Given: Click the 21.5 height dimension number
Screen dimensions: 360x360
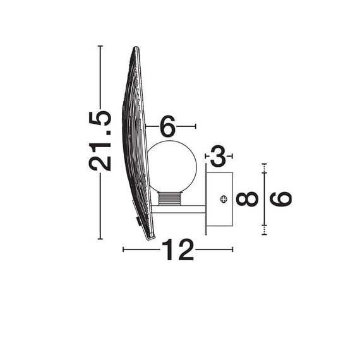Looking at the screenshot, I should (101, 141).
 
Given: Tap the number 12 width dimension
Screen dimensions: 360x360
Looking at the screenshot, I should (177, 250).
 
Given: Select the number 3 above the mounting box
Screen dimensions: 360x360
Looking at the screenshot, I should (218, 155).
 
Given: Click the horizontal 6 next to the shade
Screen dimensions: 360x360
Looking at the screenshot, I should (167, 126).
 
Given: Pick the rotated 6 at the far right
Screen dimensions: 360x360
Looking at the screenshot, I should (281, 198).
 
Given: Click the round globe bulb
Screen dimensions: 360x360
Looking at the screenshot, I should (172, 166).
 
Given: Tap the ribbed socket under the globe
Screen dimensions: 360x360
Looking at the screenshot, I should (169, 199).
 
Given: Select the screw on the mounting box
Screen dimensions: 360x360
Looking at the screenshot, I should (223, 199).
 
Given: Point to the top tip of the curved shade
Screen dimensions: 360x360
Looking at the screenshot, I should (135, 48).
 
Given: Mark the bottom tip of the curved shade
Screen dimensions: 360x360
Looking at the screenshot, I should (150, 238).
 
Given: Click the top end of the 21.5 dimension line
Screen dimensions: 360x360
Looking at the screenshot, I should (100, 46).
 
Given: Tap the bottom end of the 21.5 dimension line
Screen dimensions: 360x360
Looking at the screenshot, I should (100, 239).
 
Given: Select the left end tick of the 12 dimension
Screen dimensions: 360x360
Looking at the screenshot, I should (123, 250).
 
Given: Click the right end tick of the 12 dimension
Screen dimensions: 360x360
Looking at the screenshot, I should (232, 250).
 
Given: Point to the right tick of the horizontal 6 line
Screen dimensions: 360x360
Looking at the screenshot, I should (196, 126).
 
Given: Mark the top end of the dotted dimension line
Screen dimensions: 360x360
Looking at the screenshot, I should (264, 164).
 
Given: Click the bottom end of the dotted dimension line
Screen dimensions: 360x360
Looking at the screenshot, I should (264, 234).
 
